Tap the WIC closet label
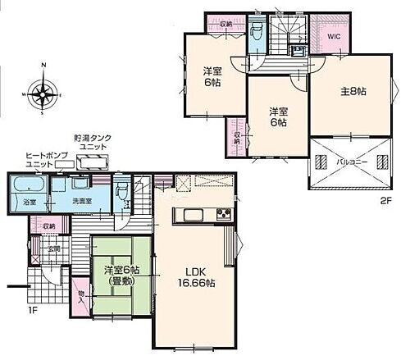pos(335,35)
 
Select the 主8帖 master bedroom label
pos(350,91)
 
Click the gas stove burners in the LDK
pos(224,216)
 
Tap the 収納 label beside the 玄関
pos(48,225)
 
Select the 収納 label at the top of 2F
pos(226,24)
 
